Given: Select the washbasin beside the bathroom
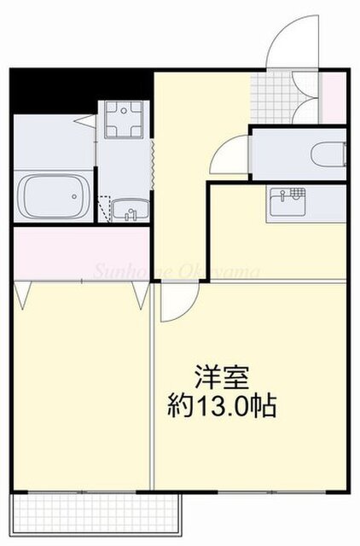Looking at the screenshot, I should point(129,208).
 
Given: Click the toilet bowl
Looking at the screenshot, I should point(328,154).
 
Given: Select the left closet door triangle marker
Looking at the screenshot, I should point(22,293).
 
